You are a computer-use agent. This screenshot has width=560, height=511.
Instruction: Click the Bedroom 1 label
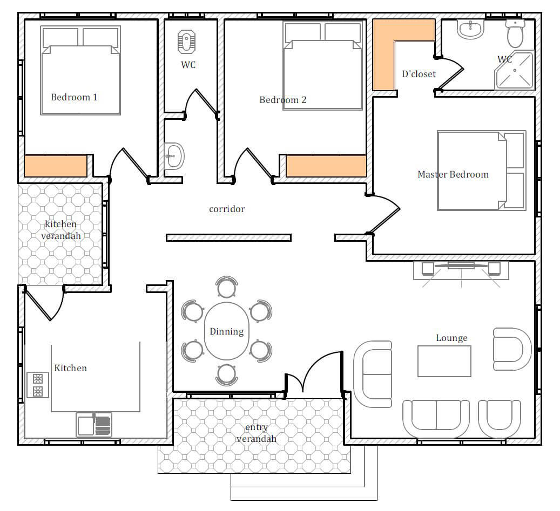coord(74,97)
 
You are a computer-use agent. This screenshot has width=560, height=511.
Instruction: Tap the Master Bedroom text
coord(453,174)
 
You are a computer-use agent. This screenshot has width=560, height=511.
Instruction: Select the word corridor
coord(227,209)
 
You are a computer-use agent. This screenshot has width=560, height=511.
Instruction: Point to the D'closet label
coord(419,74)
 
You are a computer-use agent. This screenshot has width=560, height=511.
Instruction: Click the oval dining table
coord(226,331)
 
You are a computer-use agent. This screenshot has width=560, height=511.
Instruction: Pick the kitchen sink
coord(94,425)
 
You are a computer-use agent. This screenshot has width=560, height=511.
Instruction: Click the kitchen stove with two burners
coord(37,385)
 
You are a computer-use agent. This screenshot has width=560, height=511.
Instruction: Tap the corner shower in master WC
coord(514,70)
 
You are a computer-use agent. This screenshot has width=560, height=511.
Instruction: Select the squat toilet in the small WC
coord(186,42)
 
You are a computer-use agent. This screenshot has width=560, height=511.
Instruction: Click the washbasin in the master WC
coord(470,29)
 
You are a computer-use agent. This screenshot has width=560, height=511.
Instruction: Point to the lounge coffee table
coord(444,361)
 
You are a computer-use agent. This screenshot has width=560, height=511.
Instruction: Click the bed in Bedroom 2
coord(323,65)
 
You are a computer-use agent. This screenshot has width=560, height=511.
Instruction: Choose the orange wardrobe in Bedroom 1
coord(56,166)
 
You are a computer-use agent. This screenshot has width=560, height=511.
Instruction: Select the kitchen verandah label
coord(60,230)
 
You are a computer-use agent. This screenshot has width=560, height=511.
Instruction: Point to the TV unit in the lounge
coord(461,270)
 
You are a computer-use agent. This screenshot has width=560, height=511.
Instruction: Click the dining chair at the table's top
coord(226,287)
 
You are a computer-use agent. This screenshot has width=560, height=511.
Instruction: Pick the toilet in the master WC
coord(515,33)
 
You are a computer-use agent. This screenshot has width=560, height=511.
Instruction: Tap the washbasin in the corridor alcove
coord(174,156)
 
